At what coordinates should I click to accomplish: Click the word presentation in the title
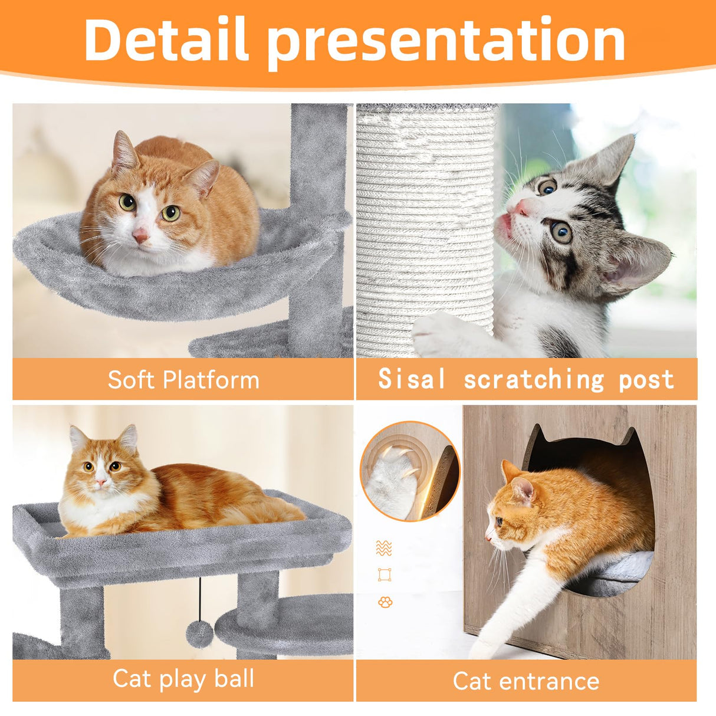tap(446, 41)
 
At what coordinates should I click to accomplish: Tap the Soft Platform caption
tap(183, 380)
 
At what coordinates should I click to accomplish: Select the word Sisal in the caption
tap(412, 379)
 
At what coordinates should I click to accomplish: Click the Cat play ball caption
tap(183, 678)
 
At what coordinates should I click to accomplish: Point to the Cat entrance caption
tap(526, 681)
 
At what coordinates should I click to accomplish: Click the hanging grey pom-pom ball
tap(200, 634)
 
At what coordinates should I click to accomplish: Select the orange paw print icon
tap(385, 602)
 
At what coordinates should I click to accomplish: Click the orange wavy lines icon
tap(384, 548)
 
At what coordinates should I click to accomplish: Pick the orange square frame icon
tap(385, 574)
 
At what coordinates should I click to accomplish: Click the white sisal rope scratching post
tap(425, 230)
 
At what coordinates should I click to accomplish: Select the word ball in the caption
tap(234, 678)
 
